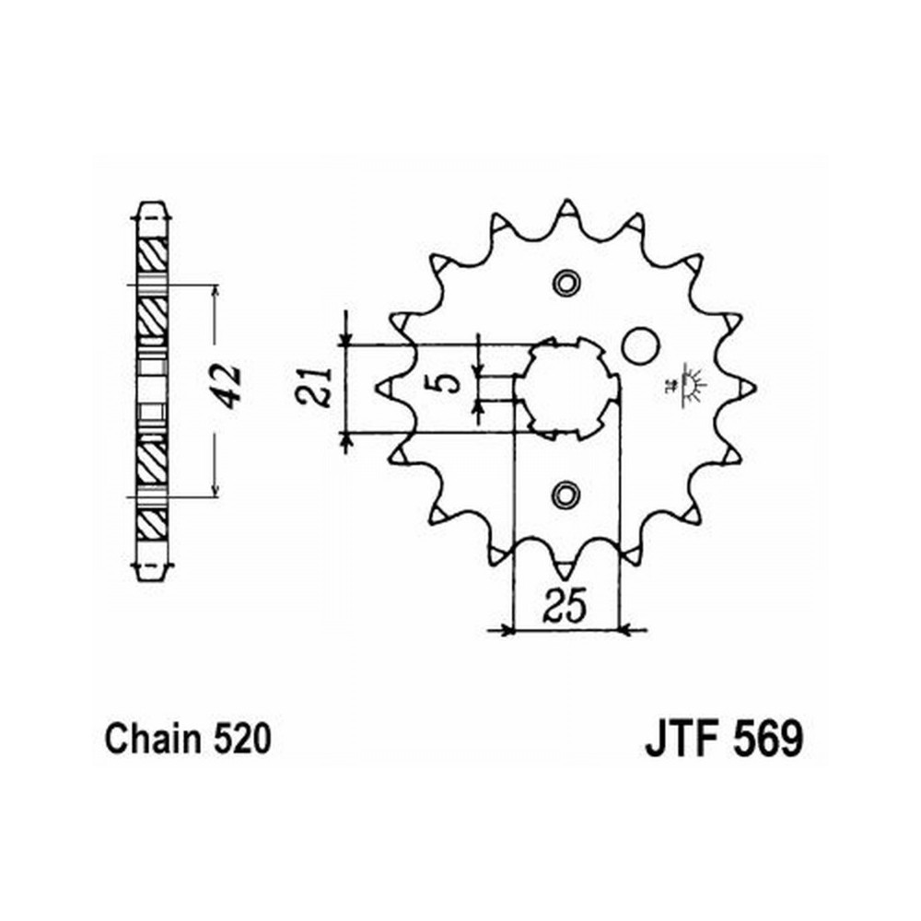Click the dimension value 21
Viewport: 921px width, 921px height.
(x=314, y=387)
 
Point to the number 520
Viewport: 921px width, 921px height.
(x=242, y=739)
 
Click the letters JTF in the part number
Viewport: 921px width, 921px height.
(x=683, y=739)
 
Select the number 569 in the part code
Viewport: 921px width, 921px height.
(x=768, y=739)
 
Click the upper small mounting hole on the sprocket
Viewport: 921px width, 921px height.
(x=566, y=283)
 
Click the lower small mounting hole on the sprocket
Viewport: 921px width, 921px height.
(x=566, y=495)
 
